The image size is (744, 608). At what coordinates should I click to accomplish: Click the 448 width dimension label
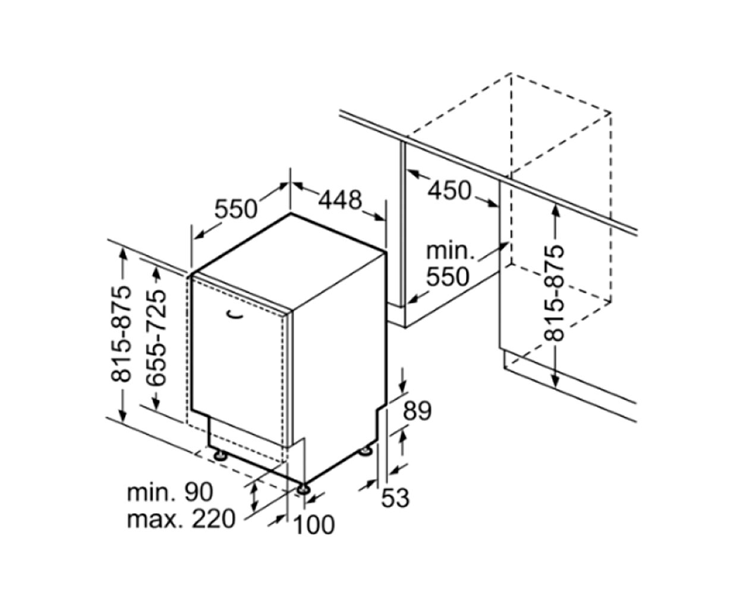pos(340,200)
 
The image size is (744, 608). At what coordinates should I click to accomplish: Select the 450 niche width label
pos(449,191)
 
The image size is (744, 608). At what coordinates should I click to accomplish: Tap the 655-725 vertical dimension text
pos(156,338)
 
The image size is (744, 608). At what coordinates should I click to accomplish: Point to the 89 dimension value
pos(417,411)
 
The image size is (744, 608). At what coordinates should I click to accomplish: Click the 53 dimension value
pos(395,498)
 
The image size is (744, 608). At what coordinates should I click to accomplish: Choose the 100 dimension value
pos(314,525)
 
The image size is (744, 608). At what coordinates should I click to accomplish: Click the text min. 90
pos(170,492)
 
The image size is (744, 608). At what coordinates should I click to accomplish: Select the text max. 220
pos(181,519)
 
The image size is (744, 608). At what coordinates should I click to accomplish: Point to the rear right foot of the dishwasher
pos(366,451)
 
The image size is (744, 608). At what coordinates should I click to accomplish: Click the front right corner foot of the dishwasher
pos(304,489)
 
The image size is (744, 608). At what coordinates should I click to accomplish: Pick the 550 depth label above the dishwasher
pos(236,210)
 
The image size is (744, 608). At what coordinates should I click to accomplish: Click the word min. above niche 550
pos(450,252)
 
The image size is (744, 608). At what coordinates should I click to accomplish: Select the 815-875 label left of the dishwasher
pos(121,334)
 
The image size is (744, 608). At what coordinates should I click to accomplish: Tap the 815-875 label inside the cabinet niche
pos(553,293)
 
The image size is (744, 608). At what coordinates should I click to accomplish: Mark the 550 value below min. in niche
pos(447,277)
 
